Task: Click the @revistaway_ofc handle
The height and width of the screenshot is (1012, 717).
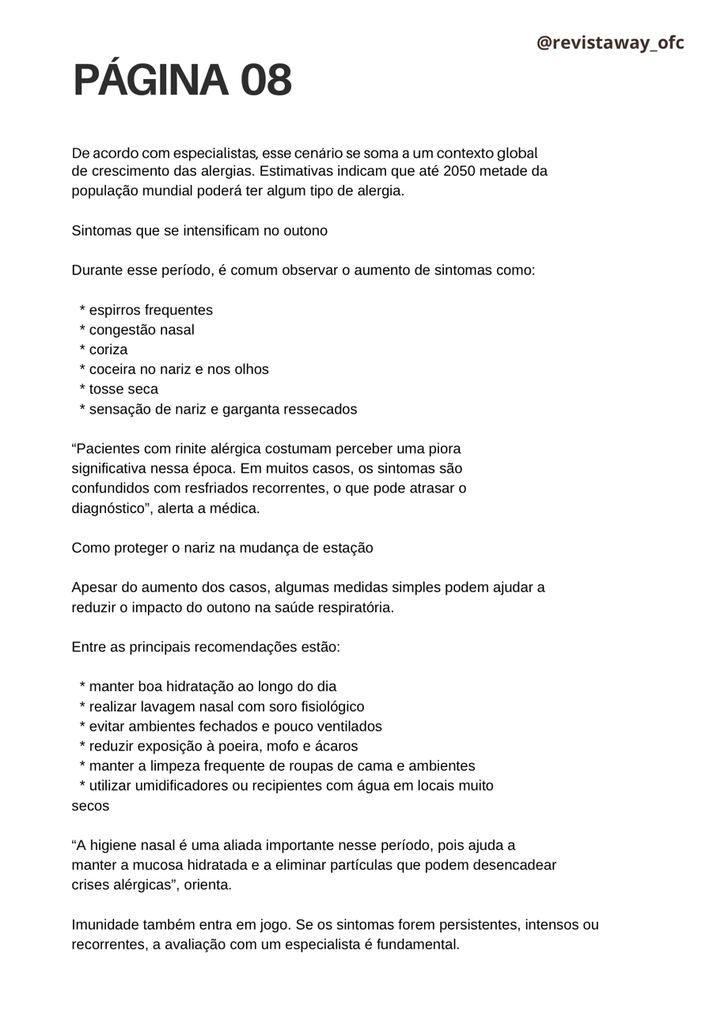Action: pyautogui.click(x=609, y=43)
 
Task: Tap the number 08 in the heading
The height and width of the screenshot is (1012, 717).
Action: pyautogui.click(x=265, y=81)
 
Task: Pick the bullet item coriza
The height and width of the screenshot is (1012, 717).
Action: pyautogui.click(x=108, y=349)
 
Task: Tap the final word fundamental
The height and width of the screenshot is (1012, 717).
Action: pyautogui.click(x=420, y=945)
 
